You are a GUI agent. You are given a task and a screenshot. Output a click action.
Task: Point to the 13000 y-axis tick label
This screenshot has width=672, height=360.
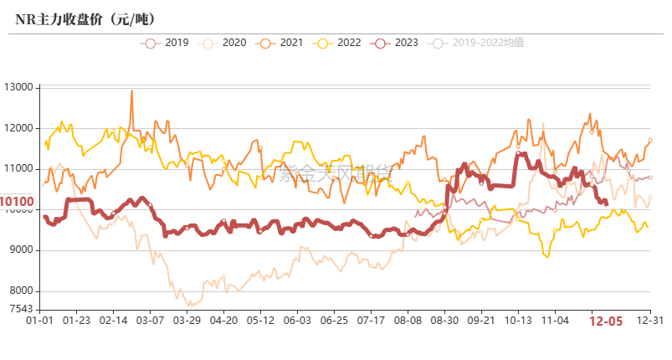[18, 87]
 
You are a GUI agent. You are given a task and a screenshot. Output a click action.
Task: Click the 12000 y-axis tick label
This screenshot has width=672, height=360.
[18, 128]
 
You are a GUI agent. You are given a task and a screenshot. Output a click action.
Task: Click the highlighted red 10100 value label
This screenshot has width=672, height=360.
[18, 202]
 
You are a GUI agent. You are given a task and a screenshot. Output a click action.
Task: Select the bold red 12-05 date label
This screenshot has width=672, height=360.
[605, 321]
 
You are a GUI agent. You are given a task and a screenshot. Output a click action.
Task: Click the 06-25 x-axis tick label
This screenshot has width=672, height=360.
[334, 320]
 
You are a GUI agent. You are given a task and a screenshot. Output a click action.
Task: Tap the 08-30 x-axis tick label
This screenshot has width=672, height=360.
[444, 320]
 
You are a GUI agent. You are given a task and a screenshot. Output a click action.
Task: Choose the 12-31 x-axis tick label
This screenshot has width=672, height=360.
[650, 320]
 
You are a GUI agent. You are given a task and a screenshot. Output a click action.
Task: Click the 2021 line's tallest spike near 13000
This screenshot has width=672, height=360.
[131, 90]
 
